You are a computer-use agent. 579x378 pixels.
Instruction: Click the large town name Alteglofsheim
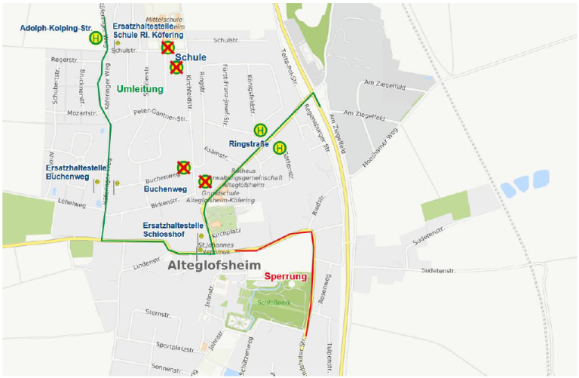213,266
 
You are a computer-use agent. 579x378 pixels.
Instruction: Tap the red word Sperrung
286,277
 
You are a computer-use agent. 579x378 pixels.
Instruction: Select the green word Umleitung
140,89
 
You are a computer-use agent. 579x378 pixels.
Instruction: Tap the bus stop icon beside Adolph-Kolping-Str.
96,38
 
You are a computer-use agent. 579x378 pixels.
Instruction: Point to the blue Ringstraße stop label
250,143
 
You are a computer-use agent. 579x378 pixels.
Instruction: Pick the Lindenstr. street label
148,265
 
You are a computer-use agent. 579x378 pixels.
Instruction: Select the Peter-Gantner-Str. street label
159,113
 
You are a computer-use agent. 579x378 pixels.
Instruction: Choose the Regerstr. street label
65,59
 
